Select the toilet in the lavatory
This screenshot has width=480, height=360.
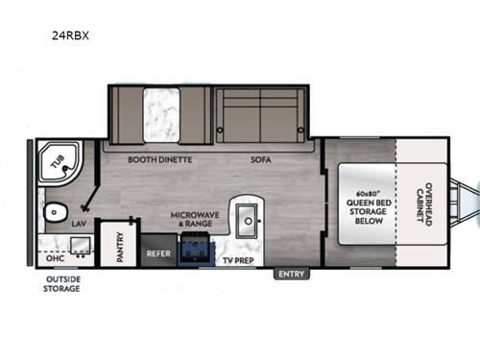click(x=52, y=212)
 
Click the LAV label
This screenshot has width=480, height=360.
click(x=81, y=222)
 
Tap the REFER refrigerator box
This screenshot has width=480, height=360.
click(x=158, y=256)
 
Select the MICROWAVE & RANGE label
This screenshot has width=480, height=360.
click(x=193, y=220)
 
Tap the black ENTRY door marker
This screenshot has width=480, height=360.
click(x=289, y=275)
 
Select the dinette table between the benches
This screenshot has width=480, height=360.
click(x=156, y=114)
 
